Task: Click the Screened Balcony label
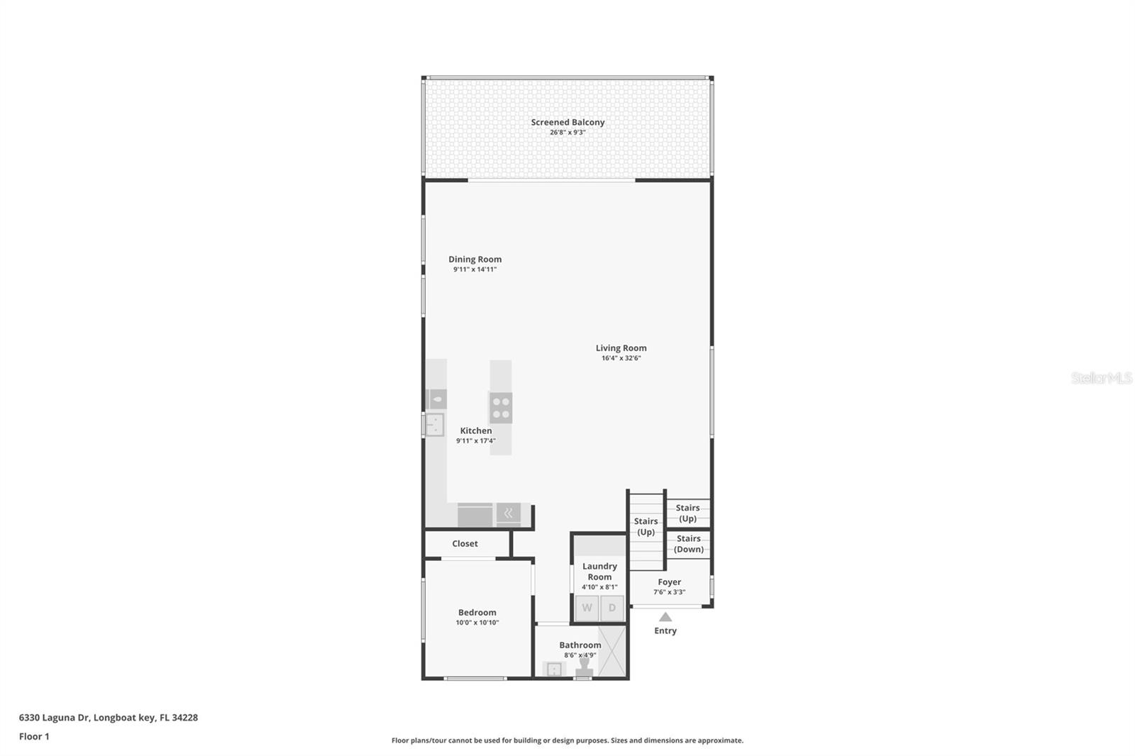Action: (x=567, y=122)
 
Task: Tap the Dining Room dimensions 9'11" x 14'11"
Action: (x=475, y=269)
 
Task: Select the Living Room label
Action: (x=621, y=348)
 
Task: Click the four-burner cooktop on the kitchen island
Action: (x=501, y=408)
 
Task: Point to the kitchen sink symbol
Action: (x=434, y=425)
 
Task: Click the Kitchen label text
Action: (x=475, y=430)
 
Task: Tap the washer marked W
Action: (x=587, y=608)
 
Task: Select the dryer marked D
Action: (x=612, y=608)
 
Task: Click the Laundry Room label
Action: (x=599, y=571)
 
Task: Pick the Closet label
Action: (x=465, y=543)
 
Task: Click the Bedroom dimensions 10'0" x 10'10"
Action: (x=477, y=623)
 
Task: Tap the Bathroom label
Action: (x=580, y=645)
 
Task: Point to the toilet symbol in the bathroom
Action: (x=584, y=669)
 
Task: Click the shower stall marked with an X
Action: (x=611, y=651)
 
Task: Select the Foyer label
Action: (x=669, y=582)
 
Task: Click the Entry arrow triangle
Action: (x=665, y=617)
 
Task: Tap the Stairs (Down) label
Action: (x=688, y=544)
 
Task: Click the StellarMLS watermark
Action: (x=1101, y=378)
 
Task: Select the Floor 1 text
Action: (x=34, y=736)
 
